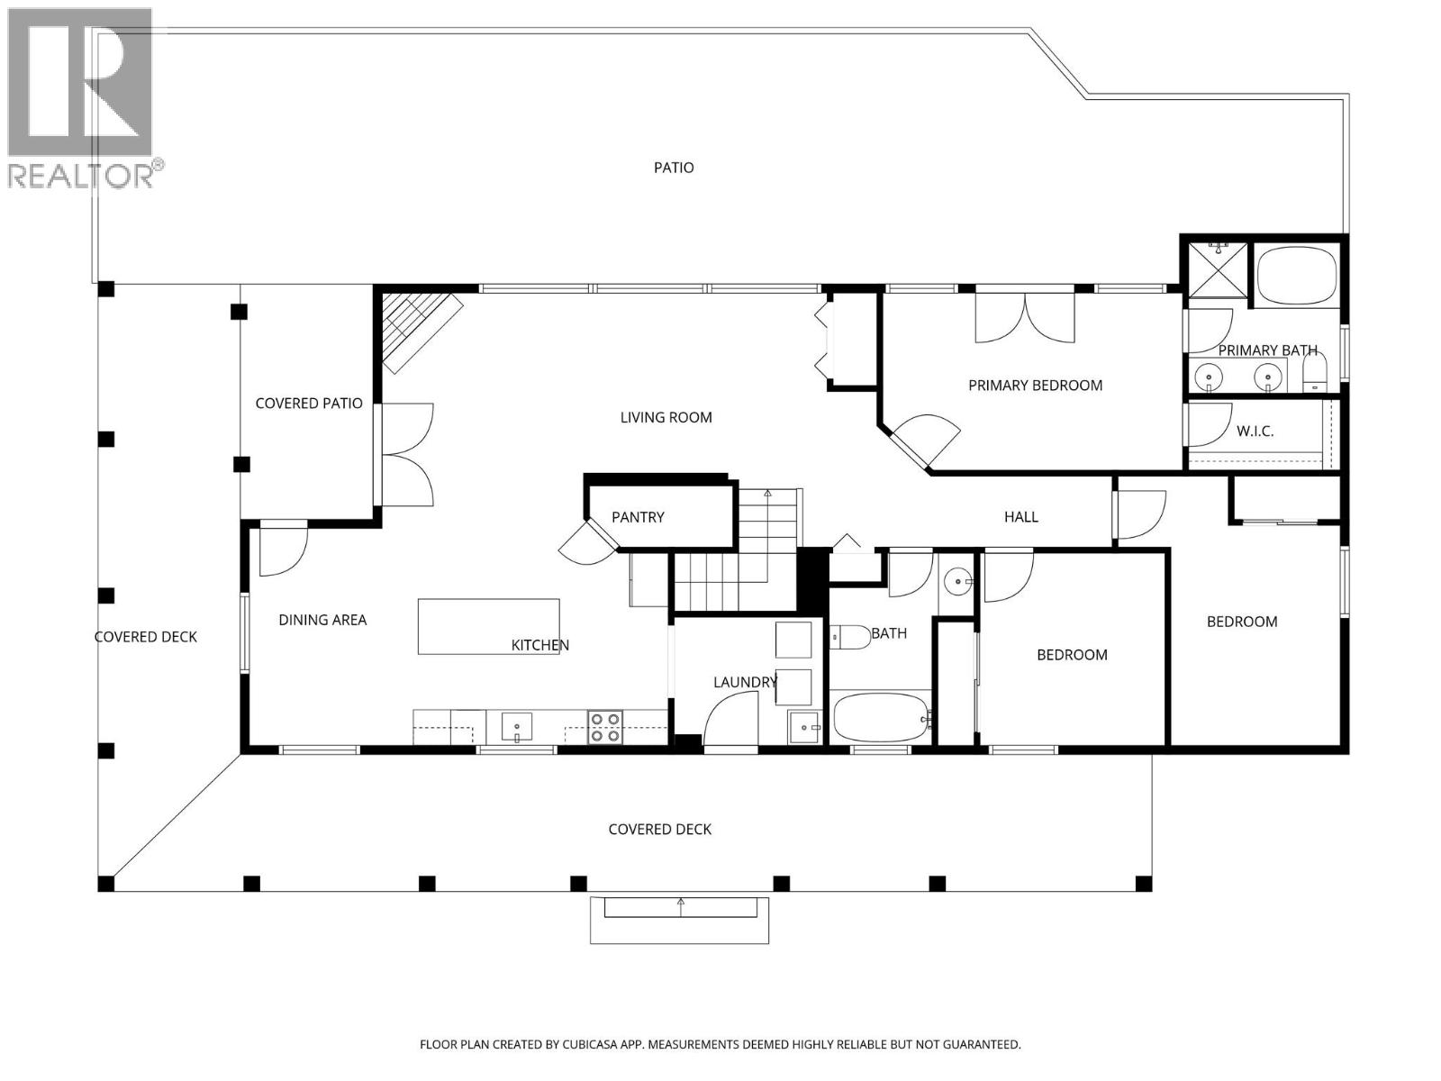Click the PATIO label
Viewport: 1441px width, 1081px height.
674,168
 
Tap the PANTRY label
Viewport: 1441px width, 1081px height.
638,517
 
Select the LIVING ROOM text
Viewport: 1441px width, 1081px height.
666,417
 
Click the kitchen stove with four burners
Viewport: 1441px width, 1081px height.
605,727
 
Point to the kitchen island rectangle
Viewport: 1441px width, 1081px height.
488,626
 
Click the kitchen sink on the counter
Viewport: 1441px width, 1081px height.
517,726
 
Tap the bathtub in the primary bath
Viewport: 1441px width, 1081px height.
1297,276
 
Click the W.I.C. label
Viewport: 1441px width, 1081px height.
1255,431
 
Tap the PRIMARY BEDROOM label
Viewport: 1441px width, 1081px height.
1035,386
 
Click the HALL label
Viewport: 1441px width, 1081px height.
1020,517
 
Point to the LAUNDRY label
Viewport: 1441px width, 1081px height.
744,682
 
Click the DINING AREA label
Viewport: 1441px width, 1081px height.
322,620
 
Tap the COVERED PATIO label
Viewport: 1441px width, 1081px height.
309,404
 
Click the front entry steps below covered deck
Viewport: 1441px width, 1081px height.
680,919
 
